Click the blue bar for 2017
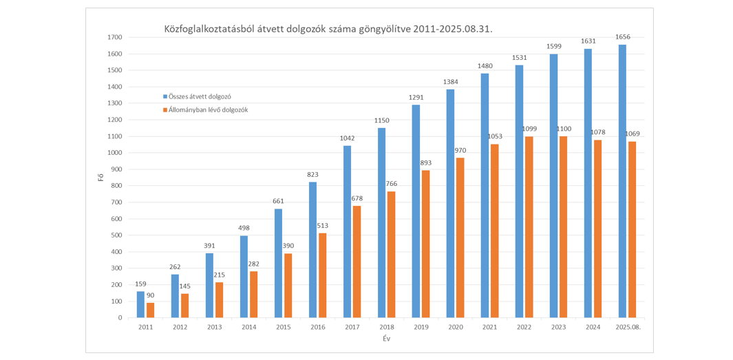point(347,231)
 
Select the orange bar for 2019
point(425,244)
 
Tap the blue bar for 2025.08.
point(622,181)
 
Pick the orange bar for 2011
point(150,310)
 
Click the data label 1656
point(624,36)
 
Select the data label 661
point(278,201)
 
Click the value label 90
point(151,295)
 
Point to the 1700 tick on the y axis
point(116,37)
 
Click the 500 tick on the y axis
point(117,235)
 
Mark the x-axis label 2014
point(248,327)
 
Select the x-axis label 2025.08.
point(627,327)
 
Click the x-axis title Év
point(386,338)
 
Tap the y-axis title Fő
point(100,178)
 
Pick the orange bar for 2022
point(529,226)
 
